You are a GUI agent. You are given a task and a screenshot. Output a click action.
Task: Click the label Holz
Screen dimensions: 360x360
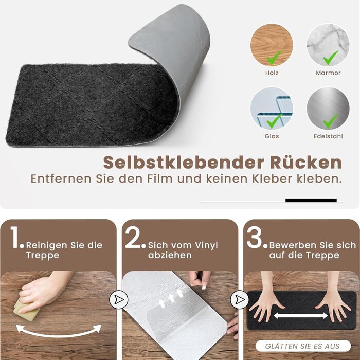272,73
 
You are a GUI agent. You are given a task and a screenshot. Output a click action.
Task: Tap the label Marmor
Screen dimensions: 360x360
328,73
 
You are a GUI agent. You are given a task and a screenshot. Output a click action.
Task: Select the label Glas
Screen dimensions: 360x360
272,136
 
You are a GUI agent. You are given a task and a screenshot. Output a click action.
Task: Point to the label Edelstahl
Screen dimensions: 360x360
328,136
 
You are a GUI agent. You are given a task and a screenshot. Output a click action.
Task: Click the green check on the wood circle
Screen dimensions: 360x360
274,58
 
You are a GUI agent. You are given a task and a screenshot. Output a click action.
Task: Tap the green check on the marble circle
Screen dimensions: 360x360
330,58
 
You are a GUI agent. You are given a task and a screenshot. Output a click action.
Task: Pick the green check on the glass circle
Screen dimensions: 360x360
274,121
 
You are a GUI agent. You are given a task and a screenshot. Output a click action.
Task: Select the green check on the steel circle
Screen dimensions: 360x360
330,121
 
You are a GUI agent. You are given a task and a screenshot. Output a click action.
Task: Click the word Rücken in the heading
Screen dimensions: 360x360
306,163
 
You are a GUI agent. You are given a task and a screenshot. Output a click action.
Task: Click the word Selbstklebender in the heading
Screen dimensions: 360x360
184,163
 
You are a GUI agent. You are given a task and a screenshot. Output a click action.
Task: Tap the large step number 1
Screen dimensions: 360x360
15,238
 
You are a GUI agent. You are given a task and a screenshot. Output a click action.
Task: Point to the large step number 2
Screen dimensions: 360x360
133,238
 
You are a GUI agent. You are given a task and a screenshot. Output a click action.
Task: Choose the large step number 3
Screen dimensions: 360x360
255,238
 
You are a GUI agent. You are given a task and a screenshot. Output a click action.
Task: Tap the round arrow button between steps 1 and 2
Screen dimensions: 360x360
119,300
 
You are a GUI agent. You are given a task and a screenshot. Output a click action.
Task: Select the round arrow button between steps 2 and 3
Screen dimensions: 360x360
240,300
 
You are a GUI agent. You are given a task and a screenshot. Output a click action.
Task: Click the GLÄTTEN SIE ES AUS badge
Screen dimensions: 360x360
303,346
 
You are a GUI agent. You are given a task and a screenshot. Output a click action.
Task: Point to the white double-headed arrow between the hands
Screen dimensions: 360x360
301,315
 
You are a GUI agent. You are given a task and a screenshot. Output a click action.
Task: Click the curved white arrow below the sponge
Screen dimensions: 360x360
59,335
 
